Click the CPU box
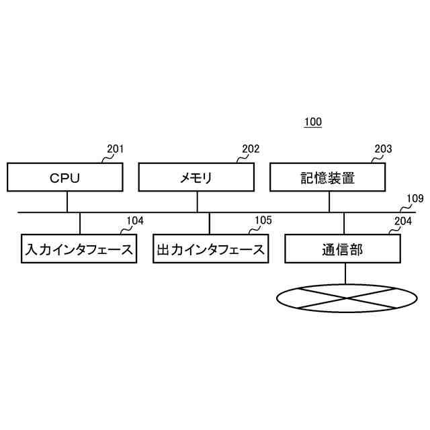pos(65,178)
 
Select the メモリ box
pos(196,178)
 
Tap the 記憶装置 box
pos(328,178)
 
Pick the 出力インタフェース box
pos(210,249)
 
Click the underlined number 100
pos(312,122)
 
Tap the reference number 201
pos(116,149)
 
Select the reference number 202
pos(251,149)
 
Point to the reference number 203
pos(383,149)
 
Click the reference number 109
pos(416,199)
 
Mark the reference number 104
pos(135,220)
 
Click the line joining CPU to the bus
pos(67,202)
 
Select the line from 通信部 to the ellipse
pos(345,273)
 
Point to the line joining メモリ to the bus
pos(198,202)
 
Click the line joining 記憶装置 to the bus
pos(329,202)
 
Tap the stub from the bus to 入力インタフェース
pos(80,223)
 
